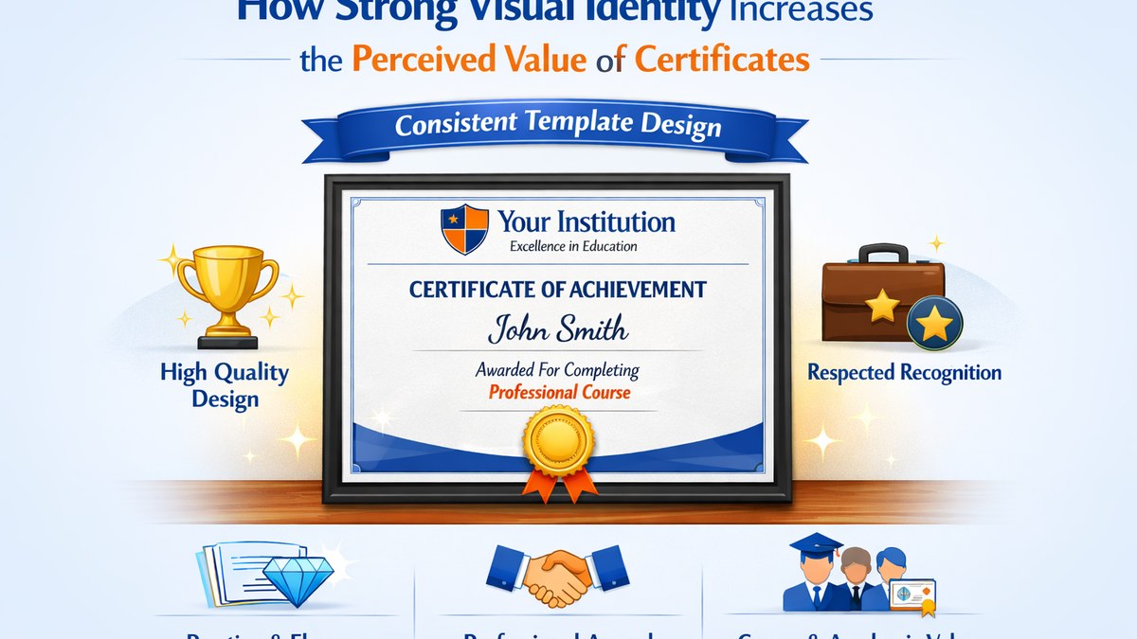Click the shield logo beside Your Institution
coord(464,229)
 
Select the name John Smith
coord(557,329)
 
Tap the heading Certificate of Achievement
coord(557,290)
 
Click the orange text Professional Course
coord(559,392)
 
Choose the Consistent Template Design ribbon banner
coord(557,124)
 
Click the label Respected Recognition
coord(904,373)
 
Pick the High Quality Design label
coord(225,384)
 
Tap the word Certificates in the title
coord(722,59)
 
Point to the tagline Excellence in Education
coord(573,247)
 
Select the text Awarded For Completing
coord(557,369)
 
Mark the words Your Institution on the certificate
coord(587,222)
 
